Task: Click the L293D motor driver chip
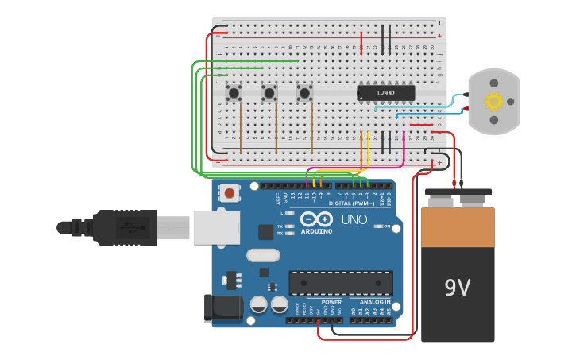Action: (385, 93)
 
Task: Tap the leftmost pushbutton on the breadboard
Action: (234, 94)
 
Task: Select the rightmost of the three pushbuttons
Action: (304, 94)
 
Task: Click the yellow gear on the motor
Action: (494, 101)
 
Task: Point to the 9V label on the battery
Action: (458, 288)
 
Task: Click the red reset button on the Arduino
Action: (230, 193)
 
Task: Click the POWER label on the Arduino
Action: (331, 302)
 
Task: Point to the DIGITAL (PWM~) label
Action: (352, 203)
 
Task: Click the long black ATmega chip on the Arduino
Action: (340, 283)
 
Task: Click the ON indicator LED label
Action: (386, 227)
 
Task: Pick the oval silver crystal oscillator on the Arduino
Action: (263, 255)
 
